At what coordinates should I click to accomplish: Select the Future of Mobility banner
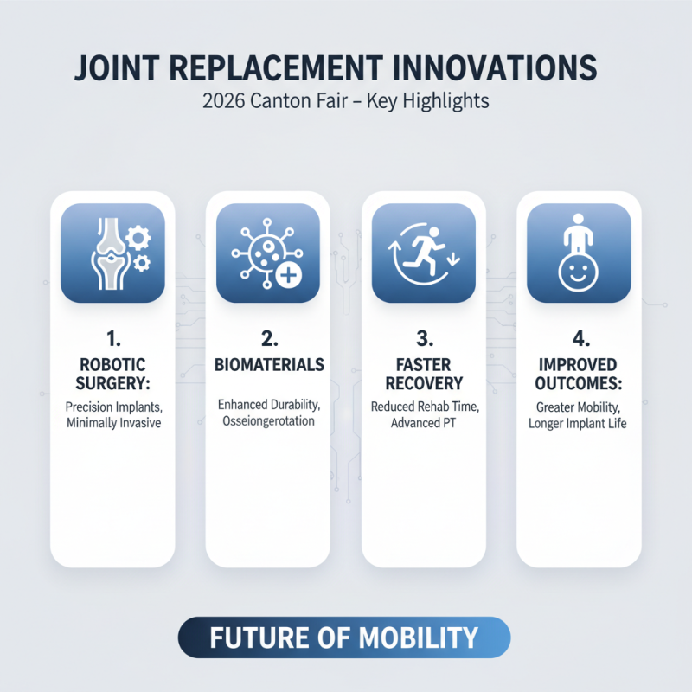(344, 638)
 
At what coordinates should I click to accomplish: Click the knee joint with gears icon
(112, 253)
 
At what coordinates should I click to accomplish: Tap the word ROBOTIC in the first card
(112, 364)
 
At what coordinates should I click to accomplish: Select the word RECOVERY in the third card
(423, 382)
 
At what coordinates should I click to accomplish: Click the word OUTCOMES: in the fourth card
(579, 382)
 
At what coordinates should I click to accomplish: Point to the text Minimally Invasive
(112, 423)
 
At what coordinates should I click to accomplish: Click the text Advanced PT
(423, 423)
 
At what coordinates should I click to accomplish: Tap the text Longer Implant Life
(579, 423)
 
